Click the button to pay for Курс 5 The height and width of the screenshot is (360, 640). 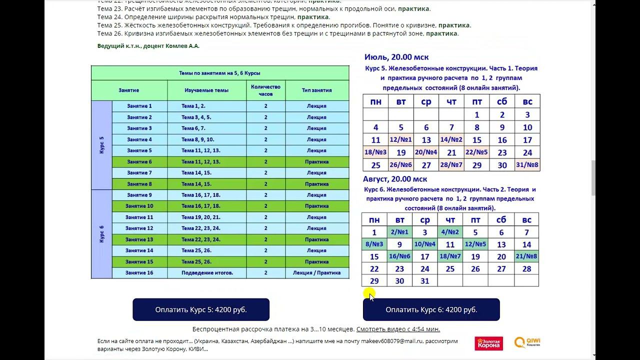pos(201,309)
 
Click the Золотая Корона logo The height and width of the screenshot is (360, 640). pos(488,343)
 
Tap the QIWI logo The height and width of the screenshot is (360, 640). pos(528,342)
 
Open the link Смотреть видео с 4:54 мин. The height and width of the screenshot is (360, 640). pos(398,329)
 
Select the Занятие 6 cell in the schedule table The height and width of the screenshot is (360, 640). pos(139,161)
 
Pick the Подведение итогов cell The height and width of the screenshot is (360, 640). pos(207,273)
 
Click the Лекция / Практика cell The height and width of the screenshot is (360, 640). pos(316,273)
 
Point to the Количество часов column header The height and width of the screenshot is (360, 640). pos(265,90)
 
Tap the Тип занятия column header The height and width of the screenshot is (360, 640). pos(316,90)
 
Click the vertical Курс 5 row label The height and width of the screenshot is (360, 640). pos(101,145)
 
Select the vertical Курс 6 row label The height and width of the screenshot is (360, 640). pos(101,234)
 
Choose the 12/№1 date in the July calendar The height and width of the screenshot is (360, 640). pos(400,140)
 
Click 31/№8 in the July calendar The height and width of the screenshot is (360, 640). pos(527,165)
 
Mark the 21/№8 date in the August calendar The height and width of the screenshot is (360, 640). pos(526,256)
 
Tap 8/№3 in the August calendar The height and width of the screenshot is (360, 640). pos(374,244)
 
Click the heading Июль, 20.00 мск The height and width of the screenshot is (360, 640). pos(396,57)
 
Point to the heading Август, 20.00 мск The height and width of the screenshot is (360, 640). pos(395,179)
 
